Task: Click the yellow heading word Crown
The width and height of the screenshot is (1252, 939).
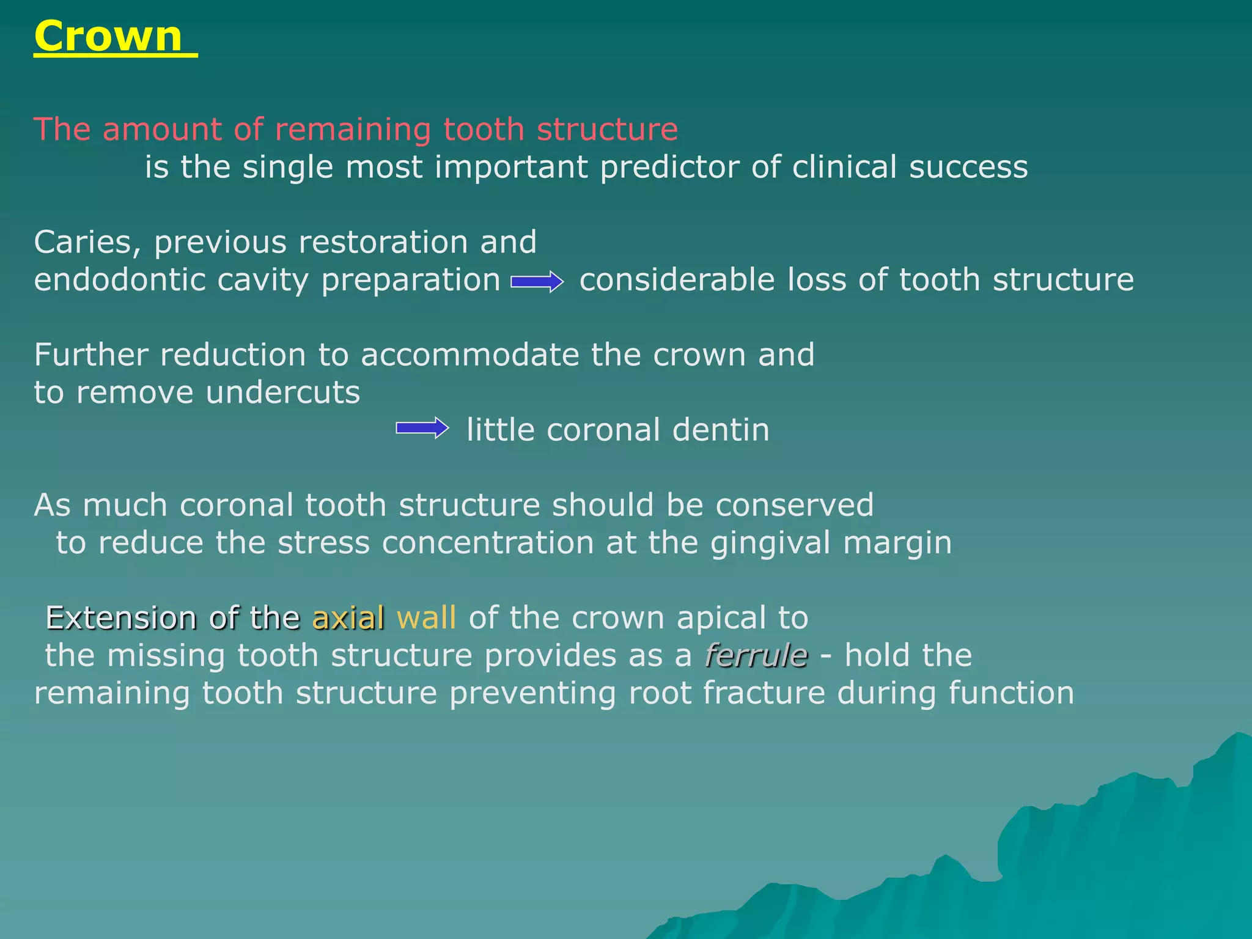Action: point(108,37)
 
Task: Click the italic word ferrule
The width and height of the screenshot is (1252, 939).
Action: point(757,655)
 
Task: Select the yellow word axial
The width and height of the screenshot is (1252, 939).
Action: point(348,617)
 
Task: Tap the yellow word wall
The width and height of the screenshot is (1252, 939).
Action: point(426,617)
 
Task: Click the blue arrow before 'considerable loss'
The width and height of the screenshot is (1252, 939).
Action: point(537,282)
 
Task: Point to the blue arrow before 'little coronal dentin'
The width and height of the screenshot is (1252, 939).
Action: point(422,428)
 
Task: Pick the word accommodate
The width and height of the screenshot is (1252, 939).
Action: point(469,355)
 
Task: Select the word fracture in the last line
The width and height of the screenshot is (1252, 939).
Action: point(764,693)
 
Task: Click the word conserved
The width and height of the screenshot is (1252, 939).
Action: point(795,506)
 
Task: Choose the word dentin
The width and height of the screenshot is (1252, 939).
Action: point(721,430)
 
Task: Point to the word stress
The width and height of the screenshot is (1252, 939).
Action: point(324,543)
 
